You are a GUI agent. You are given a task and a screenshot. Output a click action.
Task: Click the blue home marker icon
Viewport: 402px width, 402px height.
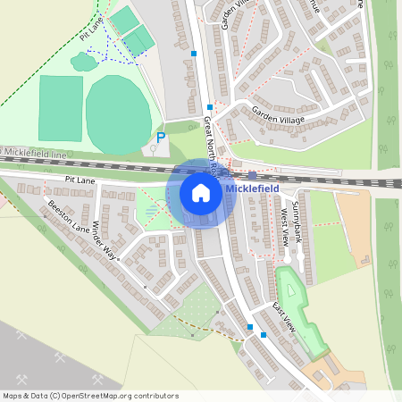201,193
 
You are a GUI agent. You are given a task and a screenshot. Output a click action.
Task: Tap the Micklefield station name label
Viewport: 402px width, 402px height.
253,189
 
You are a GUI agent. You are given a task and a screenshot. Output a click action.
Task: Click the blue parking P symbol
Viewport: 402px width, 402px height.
161,138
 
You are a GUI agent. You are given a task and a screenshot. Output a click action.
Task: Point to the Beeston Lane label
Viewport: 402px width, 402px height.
70,217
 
